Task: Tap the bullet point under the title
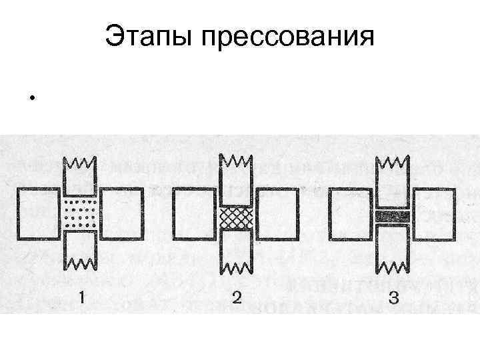click(x=31, y=101)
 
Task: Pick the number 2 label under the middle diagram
click(x=236, y=298)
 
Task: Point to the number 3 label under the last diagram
click(x=393, y=299)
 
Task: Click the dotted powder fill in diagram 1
click(x=80, y=213)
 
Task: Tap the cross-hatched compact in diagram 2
click(x=236, y=217)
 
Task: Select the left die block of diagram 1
click(x=38, y=213)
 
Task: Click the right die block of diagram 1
click(x=122, y=213)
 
